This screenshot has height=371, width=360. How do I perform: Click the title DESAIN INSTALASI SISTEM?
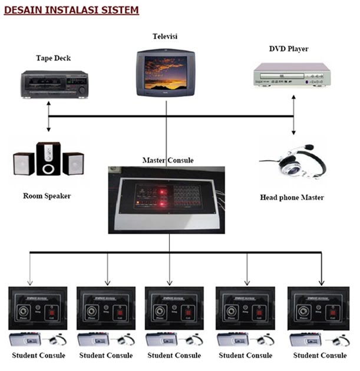(71, 10)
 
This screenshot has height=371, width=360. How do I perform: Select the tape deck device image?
(54, 84)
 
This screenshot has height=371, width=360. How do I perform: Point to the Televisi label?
(165, 37)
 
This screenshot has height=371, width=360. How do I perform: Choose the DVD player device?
(289, 75)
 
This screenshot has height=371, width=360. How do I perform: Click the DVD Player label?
(289, 48)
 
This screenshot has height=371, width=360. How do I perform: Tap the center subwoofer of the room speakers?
(48, 158)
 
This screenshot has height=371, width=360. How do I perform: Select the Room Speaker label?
(47, 196)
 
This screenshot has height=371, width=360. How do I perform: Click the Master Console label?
(168, 160)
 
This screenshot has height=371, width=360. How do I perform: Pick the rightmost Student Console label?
(320, 356)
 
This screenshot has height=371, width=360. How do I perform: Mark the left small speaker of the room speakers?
(24, 163)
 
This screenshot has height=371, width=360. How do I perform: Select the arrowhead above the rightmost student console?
(321, 281)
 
